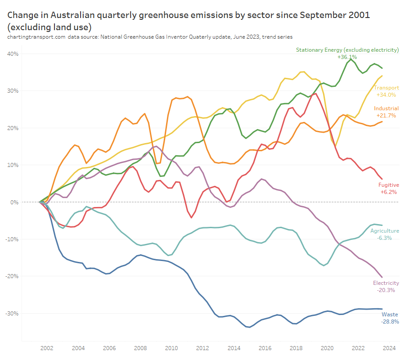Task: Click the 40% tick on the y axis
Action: (13, 54)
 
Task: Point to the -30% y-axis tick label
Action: (12, 313)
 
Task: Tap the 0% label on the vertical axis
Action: (14, 202)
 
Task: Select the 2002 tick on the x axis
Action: (47, 348)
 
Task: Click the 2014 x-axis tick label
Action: (233, 348)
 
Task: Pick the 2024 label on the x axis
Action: (389, 348)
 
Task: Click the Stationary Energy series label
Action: (347, 49)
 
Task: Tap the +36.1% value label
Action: (347, 57)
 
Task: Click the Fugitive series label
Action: (388, 185)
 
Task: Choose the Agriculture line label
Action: (384, 231)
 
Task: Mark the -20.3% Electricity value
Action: (386, 290)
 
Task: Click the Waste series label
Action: (390, 314)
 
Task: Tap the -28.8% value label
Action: (390, 322)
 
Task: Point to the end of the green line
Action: (382, 68)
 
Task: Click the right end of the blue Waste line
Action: (382, 309)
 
